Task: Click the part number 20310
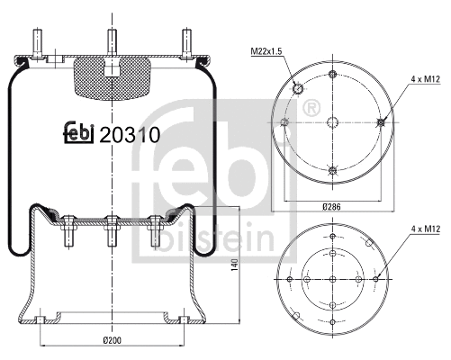pos(130,136)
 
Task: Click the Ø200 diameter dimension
pos(112,340)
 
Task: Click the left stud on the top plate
pos(38,43)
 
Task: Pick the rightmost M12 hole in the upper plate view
pos(383,122)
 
